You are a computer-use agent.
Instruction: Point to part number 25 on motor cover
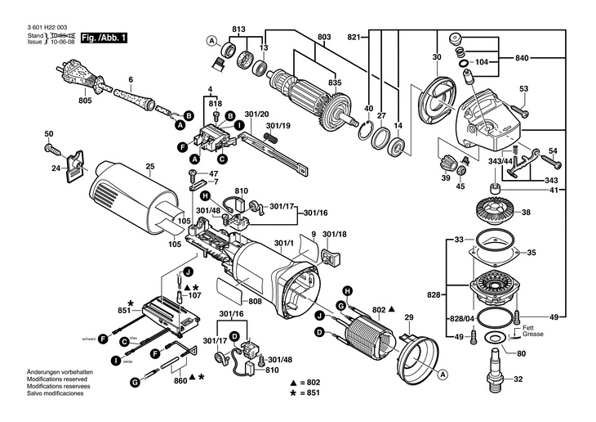(149, 168)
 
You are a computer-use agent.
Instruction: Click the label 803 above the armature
(324, 38)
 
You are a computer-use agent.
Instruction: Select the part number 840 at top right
(523, 58)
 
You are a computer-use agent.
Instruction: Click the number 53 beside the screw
(524, 89)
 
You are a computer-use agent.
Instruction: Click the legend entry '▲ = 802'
(306, 383)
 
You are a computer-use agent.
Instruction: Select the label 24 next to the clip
(56, 168)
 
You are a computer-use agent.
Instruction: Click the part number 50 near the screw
(48, 134)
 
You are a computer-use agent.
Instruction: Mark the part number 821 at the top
(354, 38)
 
